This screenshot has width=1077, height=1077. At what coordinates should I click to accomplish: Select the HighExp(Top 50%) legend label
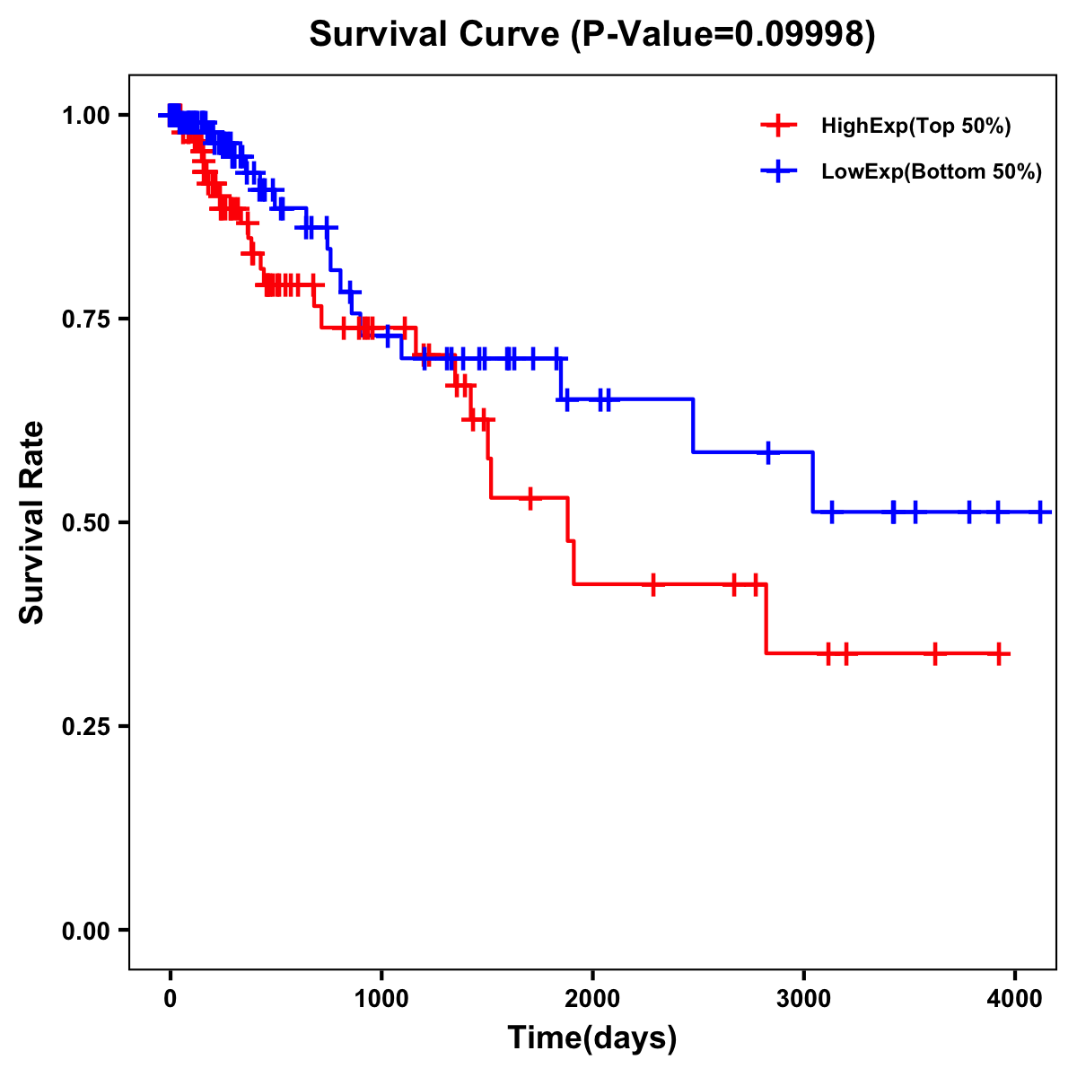pos(915,127)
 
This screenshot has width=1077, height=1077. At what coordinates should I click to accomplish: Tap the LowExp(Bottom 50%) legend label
pos(931,171)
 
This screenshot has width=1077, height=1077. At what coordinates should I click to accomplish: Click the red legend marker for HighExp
pos(778,126)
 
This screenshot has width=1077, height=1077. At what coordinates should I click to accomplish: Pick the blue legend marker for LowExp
pos(778,171)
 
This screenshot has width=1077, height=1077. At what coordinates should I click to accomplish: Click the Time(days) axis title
pos(592,1038)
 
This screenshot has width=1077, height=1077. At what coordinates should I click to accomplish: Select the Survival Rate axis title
pos(32,522)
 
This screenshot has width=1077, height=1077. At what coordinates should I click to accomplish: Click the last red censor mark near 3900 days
pos(998,653)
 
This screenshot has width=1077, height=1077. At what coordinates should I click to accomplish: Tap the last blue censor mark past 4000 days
pos(1040,512)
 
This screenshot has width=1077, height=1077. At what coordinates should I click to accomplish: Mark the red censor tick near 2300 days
pos(653,584)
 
